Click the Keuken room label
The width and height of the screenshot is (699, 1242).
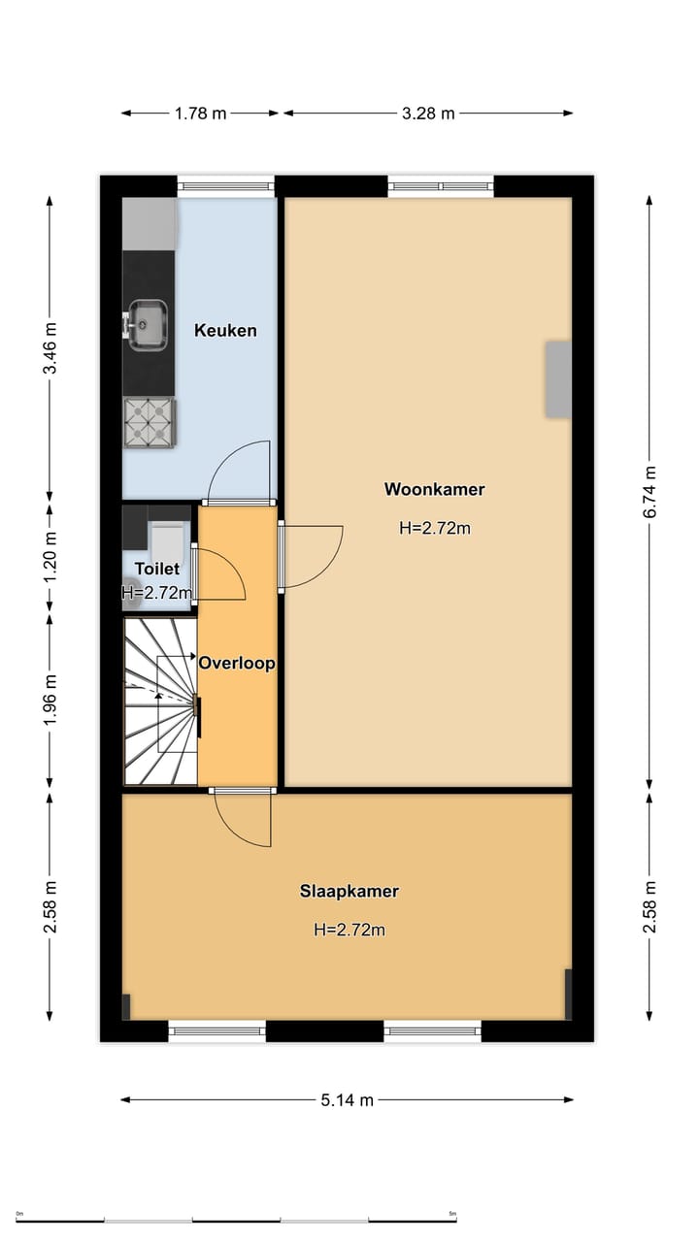[x=225, y=331]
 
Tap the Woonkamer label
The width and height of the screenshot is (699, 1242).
[x=434, y=489]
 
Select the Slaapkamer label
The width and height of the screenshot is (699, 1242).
[x=349, y=891]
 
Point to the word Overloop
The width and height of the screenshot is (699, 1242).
[x=237, y=663]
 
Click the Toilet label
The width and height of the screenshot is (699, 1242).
[x=157, y=569]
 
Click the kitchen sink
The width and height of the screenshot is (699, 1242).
[x=148, y=325]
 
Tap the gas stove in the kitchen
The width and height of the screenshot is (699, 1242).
[x=150, y=422]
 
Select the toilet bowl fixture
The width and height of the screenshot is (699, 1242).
[x=167, y=541]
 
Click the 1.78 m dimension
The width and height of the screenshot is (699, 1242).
[x=201, y=114]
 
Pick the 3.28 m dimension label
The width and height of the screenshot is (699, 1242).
[x=428, y=114]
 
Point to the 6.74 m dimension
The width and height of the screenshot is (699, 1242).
[x=649, y=492]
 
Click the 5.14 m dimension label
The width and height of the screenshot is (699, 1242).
[x=348, y=1100]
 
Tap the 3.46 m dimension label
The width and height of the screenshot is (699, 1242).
[x=50, y=348]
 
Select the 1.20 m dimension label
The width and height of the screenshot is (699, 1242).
[x=50, y=557]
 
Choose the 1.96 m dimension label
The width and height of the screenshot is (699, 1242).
[x=50, y=700]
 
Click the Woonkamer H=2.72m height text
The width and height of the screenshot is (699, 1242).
[x=435, y=528]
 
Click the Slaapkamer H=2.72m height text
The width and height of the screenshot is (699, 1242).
[x=349, y=930]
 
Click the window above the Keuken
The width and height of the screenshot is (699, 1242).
[x=226, y=186]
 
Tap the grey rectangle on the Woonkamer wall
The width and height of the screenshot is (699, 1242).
[x=558, y=379]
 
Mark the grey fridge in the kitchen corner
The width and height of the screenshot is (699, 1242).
[x=150, y=223]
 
